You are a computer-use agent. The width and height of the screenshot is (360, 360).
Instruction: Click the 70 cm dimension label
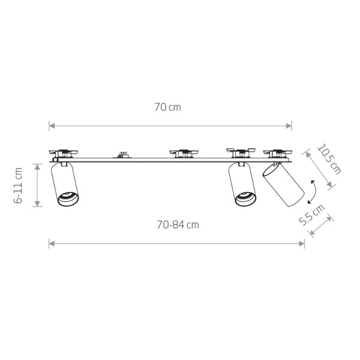167,107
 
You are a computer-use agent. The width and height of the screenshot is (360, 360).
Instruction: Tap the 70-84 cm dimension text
178,224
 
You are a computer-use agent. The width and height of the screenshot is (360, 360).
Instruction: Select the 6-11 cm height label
18,185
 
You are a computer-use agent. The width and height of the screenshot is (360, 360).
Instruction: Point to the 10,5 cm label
329,159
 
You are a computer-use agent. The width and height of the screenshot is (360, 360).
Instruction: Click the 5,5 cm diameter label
312,215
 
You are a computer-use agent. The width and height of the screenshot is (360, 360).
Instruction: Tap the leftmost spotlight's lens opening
68,198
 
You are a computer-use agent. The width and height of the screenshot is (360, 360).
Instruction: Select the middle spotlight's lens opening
245,199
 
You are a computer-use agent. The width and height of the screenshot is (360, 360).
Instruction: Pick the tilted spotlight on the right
284,184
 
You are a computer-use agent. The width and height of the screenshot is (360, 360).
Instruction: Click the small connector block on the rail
122,155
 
